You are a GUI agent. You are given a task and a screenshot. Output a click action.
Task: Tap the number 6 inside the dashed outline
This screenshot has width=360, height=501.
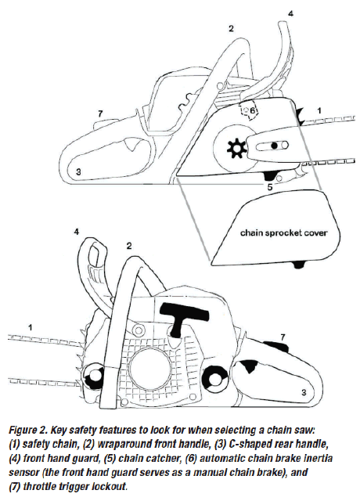click(x=252, y=111)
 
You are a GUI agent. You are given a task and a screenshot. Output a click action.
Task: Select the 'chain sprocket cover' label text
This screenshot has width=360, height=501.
click(x=283, y=232)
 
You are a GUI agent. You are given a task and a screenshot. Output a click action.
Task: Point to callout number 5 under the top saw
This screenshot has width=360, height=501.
click(x=270, y=187)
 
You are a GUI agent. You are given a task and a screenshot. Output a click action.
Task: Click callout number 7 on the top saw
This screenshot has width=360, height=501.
click(x=100, y=114)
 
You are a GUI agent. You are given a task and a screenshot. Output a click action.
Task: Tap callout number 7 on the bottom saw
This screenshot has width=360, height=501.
click(x=283, y=337)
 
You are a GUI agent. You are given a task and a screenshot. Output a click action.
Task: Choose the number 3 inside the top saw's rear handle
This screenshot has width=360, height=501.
click(x=78, y=171)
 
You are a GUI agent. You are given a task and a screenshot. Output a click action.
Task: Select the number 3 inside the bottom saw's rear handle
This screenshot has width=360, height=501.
click(x=304, y=392)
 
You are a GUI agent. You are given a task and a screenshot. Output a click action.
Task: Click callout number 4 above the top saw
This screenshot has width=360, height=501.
click(x=290, y=13)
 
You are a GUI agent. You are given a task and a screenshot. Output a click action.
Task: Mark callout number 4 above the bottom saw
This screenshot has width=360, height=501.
click(x=77, y=232)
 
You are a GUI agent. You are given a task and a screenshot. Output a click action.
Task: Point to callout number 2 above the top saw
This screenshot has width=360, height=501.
click(x=231, y=28)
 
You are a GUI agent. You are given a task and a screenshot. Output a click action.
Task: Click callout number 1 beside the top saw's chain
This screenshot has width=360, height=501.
click(x=319, y=110)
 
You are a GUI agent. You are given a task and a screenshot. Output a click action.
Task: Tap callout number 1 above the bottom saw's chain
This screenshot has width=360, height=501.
click(x=30, y=327)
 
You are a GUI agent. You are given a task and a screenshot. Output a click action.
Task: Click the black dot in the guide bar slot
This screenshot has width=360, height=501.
click(x=274, y=146)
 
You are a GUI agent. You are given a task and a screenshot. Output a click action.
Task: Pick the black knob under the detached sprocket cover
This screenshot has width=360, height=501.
click(x=297, y=265)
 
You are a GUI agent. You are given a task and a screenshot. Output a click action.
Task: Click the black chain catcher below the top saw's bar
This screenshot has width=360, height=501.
click(x=270, y=175)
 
